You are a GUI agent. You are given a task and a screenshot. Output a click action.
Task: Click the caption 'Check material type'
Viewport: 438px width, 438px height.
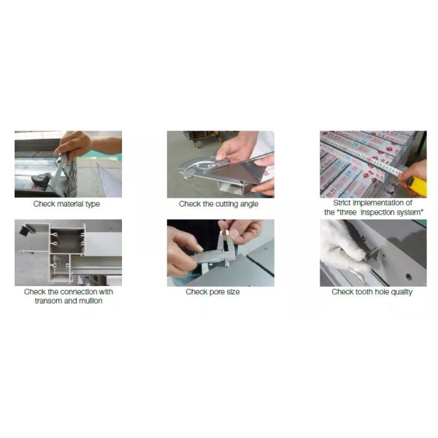tap(66, 204)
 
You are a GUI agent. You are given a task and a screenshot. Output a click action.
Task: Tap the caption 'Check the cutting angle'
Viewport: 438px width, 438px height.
tap(218, 204)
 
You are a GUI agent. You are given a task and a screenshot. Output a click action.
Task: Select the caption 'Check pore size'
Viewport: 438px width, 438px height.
tap(212, 292)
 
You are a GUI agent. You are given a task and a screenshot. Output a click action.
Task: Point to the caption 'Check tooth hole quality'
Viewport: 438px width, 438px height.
tap(372, 292)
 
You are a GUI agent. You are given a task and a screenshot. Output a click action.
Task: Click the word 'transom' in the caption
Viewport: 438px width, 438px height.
tap(48, 301)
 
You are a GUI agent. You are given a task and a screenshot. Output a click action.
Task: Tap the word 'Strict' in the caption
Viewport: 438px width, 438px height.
tap(342, 203)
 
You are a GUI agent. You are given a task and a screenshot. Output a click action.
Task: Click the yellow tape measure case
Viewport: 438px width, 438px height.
tap(417, 185)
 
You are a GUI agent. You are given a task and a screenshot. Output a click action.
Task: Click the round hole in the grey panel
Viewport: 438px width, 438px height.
tap(409, 277)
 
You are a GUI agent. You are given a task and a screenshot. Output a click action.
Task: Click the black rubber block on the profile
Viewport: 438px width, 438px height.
tap(41, 180)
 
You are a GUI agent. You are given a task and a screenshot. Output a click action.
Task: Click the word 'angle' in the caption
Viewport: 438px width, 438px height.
tap(249, 204)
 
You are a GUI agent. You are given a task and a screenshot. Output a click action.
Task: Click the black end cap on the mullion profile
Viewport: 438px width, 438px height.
tap(26, 230)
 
